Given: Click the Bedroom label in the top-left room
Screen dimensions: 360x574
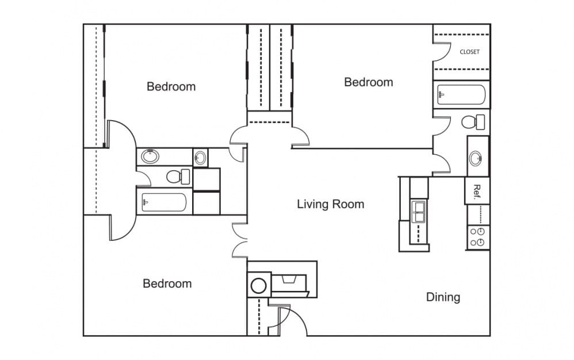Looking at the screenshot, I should pos(171,87).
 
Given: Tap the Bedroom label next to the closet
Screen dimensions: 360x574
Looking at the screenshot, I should pos(368,82).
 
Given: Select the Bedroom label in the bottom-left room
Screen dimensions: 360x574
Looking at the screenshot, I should pos(167,284).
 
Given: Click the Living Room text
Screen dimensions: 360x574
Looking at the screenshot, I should pos(330,204).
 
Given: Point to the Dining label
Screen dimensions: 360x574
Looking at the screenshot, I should pos(443,297).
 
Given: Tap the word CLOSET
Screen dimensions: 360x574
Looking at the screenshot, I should pos(469,52).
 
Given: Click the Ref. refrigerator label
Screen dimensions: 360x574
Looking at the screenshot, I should pos(477,190).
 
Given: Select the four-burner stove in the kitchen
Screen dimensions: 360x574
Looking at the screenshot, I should pos(477,237).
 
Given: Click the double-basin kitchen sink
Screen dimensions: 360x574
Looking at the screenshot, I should pos(418,211).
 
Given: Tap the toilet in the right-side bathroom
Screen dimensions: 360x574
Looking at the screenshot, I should pos(473,122).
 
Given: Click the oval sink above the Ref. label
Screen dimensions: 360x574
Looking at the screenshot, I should pos(477,157).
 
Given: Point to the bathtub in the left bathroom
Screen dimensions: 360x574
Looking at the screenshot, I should pos(164,203).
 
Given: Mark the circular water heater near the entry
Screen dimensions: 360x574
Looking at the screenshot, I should pos(258,285).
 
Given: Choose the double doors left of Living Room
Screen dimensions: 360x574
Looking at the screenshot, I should pos(239,239).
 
